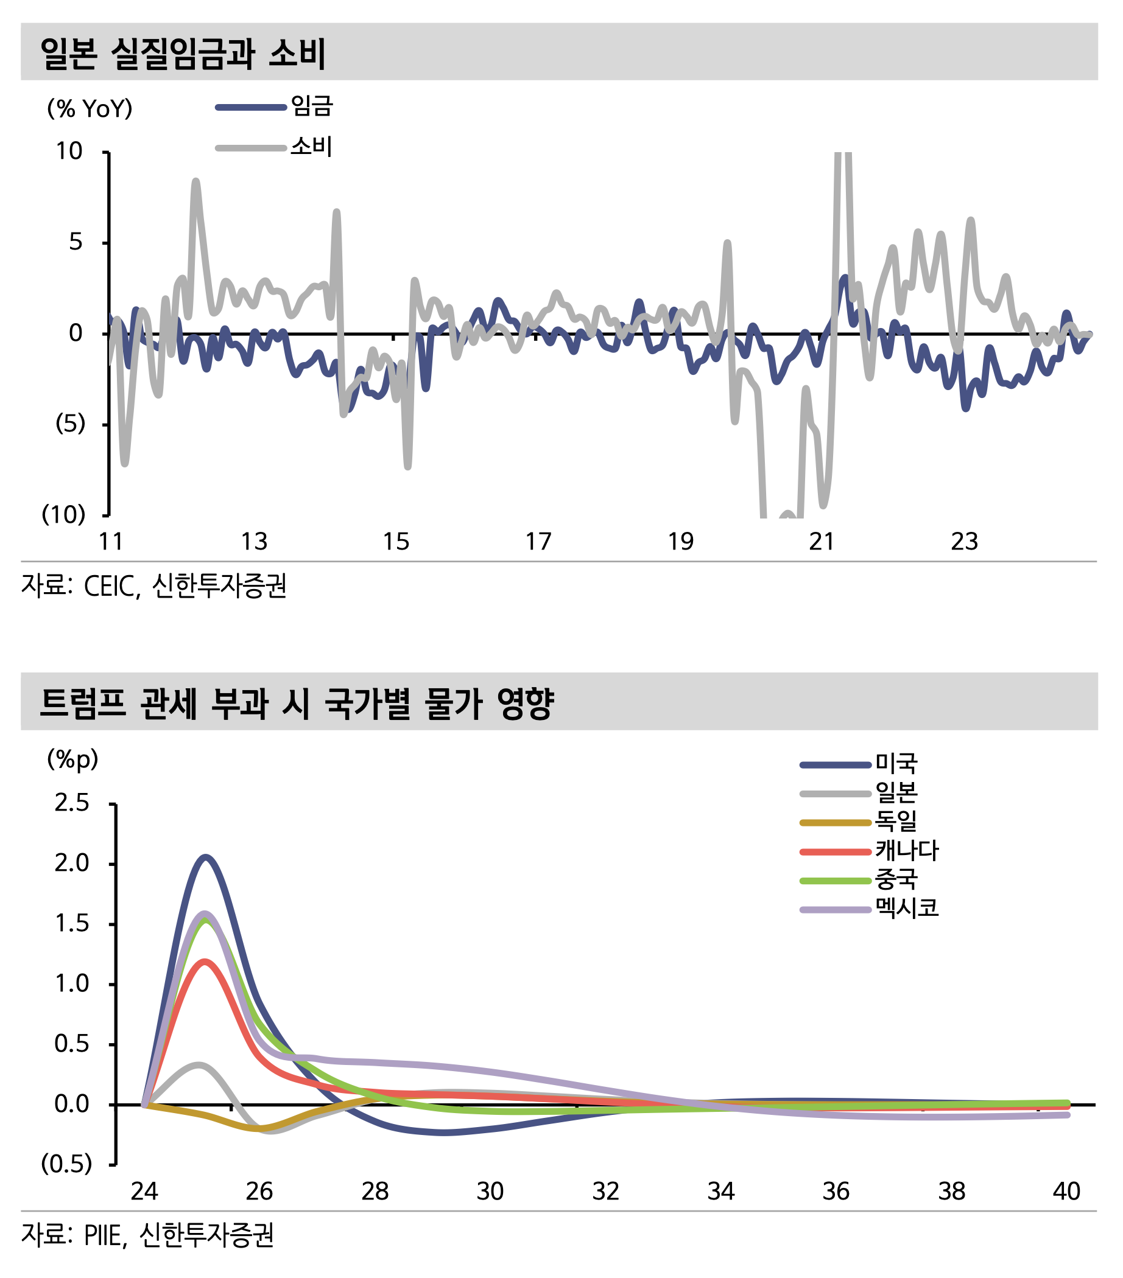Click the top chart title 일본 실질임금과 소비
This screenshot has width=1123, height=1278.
(x=183, y=53)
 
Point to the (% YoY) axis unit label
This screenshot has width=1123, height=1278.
(x=90, y=109)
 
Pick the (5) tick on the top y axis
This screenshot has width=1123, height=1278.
(x=70, y=424)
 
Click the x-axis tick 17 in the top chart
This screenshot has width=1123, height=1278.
(x=538, y=542)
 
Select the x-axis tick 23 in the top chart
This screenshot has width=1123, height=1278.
(x=963, y=542)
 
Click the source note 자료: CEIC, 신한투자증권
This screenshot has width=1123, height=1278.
(x=154, y=587)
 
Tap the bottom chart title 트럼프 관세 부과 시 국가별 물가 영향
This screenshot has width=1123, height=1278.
(x=297, y=704)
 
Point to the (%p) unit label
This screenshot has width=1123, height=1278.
(x=72, y=759)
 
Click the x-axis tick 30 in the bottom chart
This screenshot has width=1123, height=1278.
(x=490, y=1192)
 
